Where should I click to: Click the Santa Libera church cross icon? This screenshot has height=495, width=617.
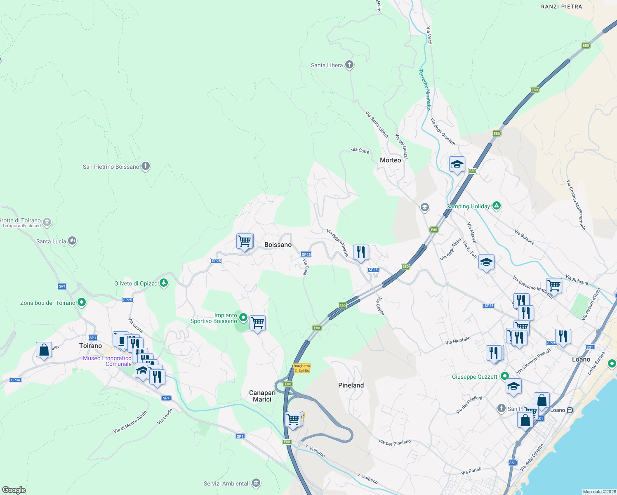(349, 65)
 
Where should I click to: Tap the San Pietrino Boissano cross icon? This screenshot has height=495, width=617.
(145, 166)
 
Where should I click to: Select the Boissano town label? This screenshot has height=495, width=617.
(278, 245)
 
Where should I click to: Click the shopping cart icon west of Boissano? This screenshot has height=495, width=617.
(245, 241)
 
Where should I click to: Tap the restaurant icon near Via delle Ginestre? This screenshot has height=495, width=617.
(361, 252)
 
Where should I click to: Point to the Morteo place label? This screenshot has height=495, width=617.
(390, 160)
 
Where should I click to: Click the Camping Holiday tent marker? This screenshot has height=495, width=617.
(497, 206)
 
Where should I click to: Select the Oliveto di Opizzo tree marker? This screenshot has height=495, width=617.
(164, 283)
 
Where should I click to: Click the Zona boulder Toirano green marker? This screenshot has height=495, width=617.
(82, 302)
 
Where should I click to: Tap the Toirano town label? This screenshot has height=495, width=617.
(90, 346)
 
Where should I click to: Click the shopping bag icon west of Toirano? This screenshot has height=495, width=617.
(44, 350)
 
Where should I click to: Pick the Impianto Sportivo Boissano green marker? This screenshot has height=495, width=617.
(243, 318)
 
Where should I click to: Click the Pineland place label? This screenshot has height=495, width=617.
(351, 385)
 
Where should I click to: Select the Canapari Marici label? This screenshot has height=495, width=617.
(262, 396)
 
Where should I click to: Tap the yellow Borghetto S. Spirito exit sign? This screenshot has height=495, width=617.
(301, 368)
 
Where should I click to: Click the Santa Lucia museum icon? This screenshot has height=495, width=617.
(72, 240)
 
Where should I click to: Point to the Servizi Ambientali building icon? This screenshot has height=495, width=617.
(256, 483)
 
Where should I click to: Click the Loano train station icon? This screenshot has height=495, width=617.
(570, 410)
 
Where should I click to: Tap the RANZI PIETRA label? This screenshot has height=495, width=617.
(561, 7)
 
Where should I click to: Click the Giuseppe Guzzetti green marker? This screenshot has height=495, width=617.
(504, 376)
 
